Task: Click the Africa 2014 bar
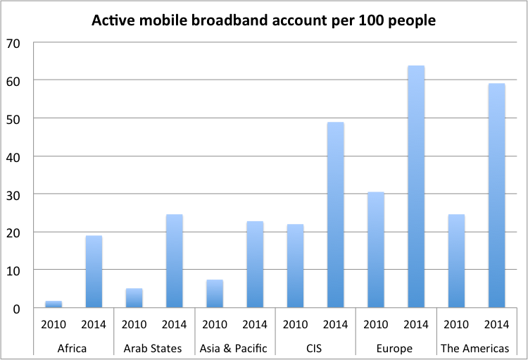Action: [x=94, y=272]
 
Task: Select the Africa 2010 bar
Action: [x=54, y=304]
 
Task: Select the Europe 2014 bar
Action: [x=416, y=187]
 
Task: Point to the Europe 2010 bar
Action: [x=376, y=250]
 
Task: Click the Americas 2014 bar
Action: [x=496, y=196]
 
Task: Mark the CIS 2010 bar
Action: [x=295, y=266]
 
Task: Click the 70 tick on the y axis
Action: [x=15, y=43]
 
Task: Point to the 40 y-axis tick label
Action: [x=15, y=156]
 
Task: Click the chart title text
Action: [x=264, y=21]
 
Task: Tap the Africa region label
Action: [x=73, y=347]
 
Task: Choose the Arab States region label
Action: [x=154, y=347]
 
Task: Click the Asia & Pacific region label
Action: [x=234, y=347]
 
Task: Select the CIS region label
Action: [x=315, y=347]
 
